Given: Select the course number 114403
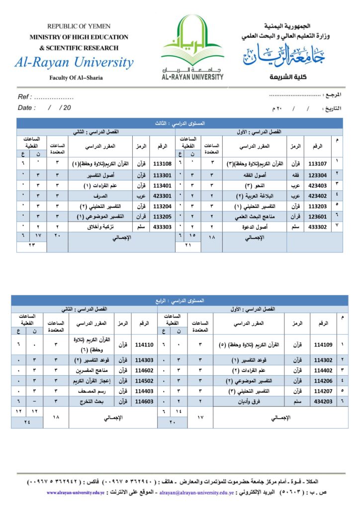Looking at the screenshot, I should tap(143, 391).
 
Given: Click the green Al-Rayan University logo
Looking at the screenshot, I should tap(192, 47).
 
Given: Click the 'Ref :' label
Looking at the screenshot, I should tap(25, 97).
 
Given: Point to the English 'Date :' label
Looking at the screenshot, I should tap(27, 107).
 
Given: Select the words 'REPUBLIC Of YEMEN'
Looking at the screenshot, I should tap(79, 26).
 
